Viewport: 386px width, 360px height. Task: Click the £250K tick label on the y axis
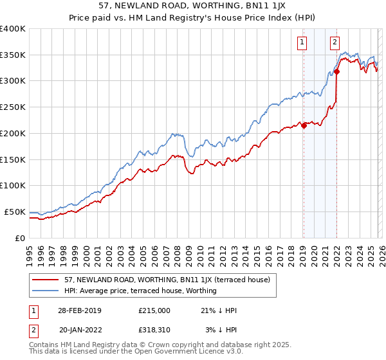12,107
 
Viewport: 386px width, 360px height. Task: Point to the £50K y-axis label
14,212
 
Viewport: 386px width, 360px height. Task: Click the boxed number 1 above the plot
302,43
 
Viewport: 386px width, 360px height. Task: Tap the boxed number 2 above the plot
335,43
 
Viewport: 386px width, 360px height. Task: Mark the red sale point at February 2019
304,125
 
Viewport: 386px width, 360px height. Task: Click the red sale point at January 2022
336,71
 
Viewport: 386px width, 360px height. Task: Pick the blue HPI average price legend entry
140,291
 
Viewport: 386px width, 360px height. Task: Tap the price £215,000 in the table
154,310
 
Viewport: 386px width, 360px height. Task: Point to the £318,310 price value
154,329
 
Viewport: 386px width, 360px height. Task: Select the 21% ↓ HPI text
219,310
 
